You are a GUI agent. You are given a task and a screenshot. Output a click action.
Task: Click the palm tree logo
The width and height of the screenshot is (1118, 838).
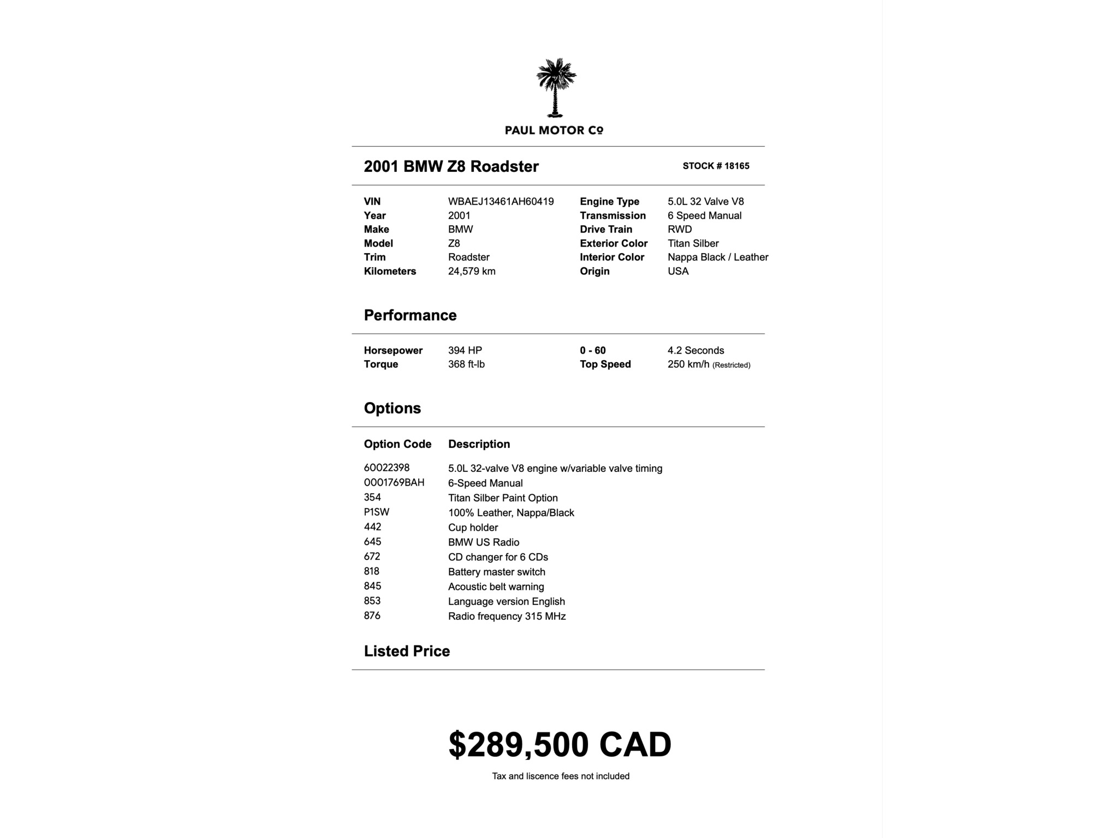coord(556,87)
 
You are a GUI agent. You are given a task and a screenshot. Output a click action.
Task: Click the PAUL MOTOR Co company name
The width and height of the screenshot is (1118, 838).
coord(554,130)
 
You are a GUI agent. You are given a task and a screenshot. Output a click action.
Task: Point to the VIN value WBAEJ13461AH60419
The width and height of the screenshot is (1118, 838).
coord(501,201)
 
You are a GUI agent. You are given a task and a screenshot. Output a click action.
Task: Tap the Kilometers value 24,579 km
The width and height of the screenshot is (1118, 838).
coord(472,271)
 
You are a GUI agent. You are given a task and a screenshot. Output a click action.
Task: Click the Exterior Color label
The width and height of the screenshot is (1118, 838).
coord(614,243)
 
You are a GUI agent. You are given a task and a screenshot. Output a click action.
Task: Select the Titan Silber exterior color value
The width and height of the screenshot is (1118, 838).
coord(693,243)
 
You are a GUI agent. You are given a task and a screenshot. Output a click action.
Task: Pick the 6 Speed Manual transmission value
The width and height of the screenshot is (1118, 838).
coord(704,216)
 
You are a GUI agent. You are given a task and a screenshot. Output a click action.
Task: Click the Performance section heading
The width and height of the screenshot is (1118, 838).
coord(410,315)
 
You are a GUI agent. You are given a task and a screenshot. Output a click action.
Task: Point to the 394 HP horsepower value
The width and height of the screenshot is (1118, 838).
coord(465,350)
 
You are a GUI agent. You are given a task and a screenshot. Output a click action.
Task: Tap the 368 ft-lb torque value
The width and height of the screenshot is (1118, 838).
coord(466,364)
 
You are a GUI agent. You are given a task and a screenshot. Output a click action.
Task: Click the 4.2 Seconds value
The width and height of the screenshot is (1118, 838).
coord(695,350)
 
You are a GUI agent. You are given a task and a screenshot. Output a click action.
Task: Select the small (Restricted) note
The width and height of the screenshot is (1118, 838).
coord(731,365)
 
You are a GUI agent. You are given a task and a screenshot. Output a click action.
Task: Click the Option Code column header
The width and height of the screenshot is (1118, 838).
coord(397,444)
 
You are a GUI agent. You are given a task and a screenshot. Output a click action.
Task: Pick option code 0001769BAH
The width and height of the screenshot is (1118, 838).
coord(394,482)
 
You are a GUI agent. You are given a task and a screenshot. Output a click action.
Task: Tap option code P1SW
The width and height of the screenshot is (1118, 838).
coord(377,512)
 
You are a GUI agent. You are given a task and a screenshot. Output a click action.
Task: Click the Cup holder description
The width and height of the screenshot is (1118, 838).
coord(473,528)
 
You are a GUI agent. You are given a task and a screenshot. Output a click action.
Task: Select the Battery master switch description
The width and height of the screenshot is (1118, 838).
coord(496,572)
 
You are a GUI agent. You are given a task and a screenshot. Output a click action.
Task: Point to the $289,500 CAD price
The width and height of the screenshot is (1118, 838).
coord(560,745)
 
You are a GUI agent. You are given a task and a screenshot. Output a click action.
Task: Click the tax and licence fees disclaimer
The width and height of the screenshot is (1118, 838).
coord(561,776)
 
